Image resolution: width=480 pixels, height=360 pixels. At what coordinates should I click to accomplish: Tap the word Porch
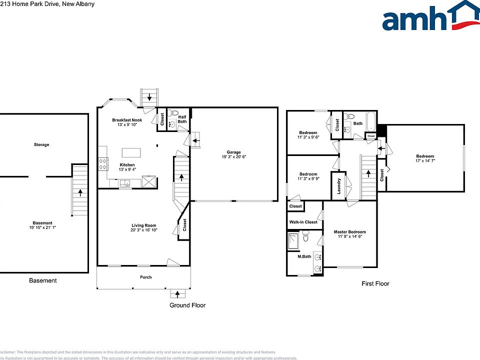point(145,277)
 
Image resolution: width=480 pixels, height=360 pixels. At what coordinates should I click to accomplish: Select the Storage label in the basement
point(41,144)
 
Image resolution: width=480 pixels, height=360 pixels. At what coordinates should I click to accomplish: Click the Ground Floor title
point(187,305)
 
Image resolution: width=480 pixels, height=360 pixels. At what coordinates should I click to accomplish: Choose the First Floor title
point(375,283)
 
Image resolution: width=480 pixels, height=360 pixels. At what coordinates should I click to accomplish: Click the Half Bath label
point(182,118)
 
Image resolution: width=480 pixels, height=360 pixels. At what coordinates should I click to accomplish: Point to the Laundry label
point(339,185)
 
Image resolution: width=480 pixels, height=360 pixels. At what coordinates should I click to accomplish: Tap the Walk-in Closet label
point(303,222)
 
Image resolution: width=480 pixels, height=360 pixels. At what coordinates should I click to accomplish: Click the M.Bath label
point(304,257)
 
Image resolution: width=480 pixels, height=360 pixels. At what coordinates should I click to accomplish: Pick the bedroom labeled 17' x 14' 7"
point(424,158)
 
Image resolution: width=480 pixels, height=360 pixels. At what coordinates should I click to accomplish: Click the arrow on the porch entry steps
point(177,293)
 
